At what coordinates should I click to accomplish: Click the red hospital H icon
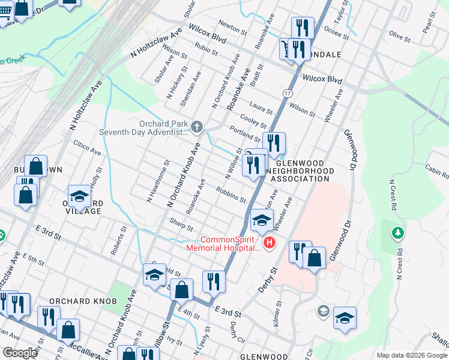click(x=270, y=243)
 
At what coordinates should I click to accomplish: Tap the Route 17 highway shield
click(x=288, y=94)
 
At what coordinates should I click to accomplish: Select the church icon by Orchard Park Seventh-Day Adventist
click(x=198, y=127)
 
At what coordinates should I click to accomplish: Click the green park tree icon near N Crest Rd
click(x=396, y=232)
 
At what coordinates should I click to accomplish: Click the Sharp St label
click(x=181, y=226)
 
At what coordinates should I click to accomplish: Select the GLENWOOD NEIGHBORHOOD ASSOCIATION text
click(x=300, y=171)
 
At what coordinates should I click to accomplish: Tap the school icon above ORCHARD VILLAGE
click(x=79, y=196)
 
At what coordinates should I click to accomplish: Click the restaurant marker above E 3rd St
click(x=214, y=280)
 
